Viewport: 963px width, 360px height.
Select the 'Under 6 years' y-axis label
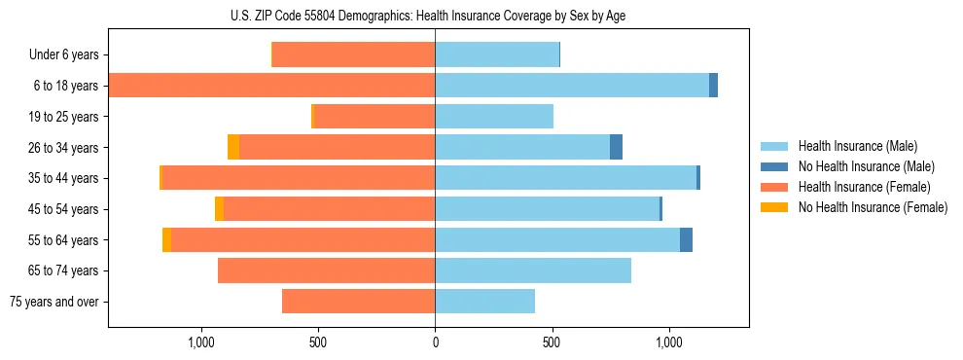[x=70, y=55]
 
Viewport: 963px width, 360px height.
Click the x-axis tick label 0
[x=435, y=342]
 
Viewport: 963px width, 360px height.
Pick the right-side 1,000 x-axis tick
[x=668, y=342]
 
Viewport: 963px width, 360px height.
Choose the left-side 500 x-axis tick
[x=318, y=342]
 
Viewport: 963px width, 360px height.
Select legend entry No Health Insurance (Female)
[x=873, y=207]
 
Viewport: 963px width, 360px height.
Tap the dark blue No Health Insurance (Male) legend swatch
[x=774, y=166]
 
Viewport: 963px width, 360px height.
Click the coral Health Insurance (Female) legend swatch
[x=774, y=187]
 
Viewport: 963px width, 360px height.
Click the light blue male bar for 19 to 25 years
[x=494, y=117]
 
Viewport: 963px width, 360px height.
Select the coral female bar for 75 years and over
[x=358, y=302]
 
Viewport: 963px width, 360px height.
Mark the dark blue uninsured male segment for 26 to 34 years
[x=616, y=148]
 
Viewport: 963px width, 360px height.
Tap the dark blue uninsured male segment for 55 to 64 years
[x=686, y=240]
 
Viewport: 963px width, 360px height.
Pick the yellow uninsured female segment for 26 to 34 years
[x=233, y=148]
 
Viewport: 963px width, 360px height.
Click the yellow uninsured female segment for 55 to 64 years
[x=166, y=240]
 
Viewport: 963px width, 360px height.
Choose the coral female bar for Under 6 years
[x=353, y=55]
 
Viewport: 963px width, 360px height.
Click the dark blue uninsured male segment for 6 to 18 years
[x=713, y=86]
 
